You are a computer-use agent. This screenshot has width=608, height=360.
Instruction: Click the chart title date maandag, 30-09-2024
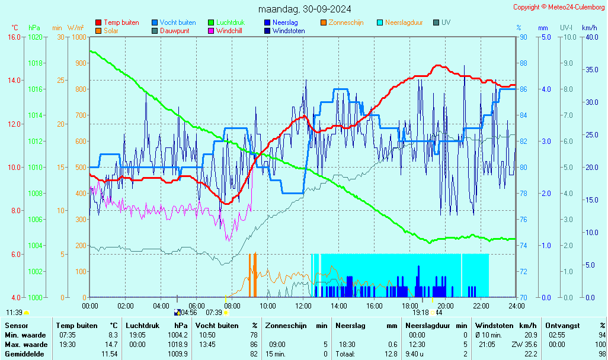304,9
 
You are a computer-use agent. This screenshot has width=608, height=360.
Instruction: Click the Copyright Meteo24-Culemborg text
559,7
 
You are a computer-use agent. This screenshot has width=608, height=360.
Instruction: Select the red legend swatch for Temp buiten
98,22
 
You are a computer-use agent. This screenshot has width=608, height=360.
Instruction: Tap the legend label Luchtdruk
233,22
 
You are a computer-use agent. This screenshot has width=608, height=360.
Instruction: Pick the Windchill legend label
228,31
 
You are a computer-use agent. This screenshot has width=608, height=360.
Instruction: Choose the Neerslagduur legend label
404,22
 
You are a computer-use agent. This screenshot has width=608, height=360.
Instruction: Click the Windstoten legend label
289,31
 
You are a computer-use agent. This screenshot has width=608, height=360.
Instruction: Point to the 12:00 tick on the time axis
303,306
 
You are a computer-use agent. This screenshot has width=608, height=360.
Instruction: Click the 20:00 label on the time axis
445,306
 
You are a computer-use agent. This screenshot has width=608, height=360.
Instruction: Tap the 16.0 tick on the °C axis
14,37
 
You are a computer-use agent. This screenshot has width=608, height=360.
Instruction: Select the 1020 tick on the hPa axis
35,37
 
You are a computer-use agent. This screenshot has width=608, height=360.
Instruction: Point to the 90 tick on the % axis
523,37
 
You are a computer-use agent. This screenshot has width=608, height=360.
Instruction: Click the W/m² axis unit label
75,28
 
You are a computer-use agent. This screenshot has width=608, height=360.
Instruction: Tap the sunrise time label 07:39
213,313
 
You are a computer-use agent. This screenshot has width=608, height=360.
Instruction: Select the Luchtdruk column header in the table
142,326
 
